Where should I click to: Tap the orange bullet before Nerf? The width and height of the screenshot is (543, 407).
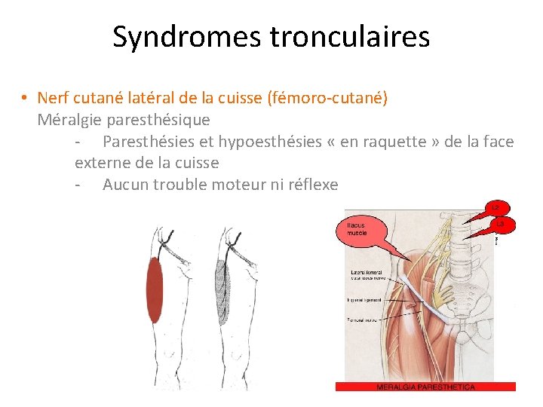coord(25,98)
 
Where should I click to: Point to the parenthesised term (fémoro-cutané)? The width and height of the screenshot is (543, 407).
coord(327,98)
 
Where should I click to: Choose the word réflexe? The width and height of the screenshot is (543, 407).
coord(308,185)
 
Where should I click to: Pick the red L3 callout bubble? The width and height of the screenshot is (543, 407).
coord(501,224)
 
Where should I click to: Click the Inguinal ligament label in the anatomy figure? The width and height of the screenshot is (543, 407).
coord(365,300)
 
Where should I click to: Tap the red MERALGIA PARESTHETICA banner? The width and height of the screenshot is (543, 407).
coord(425,387)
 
